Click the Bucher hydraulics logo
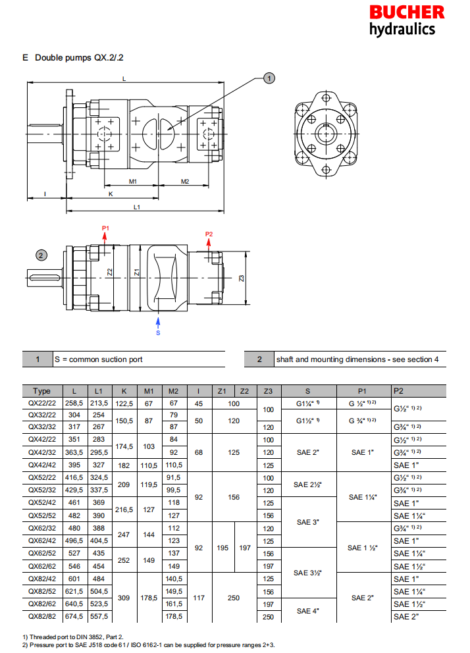coord(406,20)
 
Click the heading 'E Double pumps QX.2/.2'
coord(73,58)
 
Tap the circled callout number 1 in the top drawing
coord(269,78)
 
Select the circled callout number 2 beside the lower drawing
coord(41,255)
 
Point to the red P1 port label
coord(105,228)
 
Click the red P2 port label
coord(209,234)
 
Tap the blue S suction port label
coord(158,333)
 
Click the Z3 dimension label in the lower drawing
coord(242,278)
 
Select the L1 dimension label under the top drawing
coord(136,207)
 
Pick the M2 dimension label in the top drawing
coord(185,181)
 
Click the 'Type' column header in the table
coord(42,391)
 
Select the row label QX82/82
coord(42,617)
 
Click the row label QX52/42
coord(42,502)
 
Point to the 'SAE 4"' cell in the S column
coord(308,611)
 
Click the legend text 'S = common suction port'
coord(98,359)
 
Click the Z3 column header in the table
coord(268,391)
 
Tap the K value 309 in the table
coord(123,598)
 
